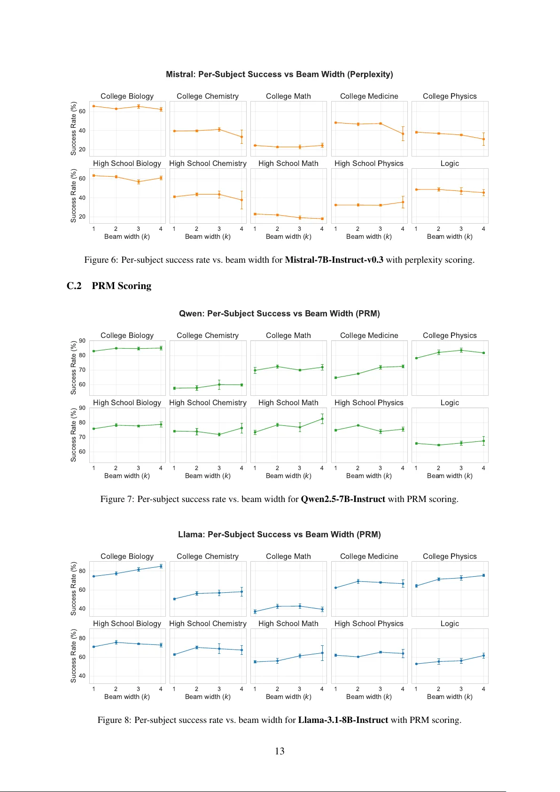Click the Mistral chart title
[x=279, y=74]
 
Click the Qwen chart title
[x=279, y=314]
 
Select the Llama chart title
[x=279, y=534]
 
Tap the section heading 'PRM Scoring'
[x=121, y=286]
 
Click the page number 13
[x=280, y=751]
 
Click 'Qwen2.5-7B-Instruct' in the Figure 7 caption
[x=343, y=499]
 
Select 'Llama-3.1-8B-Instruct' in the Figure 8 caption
[x=343, y=720]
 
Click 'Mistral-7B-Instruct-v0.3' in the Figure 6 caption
[x=334, y=260]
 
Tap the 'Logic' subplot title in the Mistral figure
[x=450, y=164]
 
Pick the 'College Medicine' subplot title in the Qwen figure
[x=369, y=336]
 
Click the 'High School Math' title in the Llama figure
[x=288, y=624]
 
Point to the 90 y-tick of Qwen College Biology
[x=82, y=341]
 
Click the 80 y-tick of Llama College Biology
[x=82, y=571]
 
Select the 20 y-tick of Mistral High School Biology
[x=82, y=217]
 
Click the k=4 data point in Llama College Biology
[x=161, y=566]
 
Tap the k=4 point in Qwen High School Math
[x=322, y=419]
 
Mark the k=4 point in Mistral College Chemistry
[x=242, y=137]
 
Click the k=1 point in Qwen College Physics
[x=417, y=358]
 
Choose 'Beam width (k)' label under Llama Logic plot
[x=450, y=697]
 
